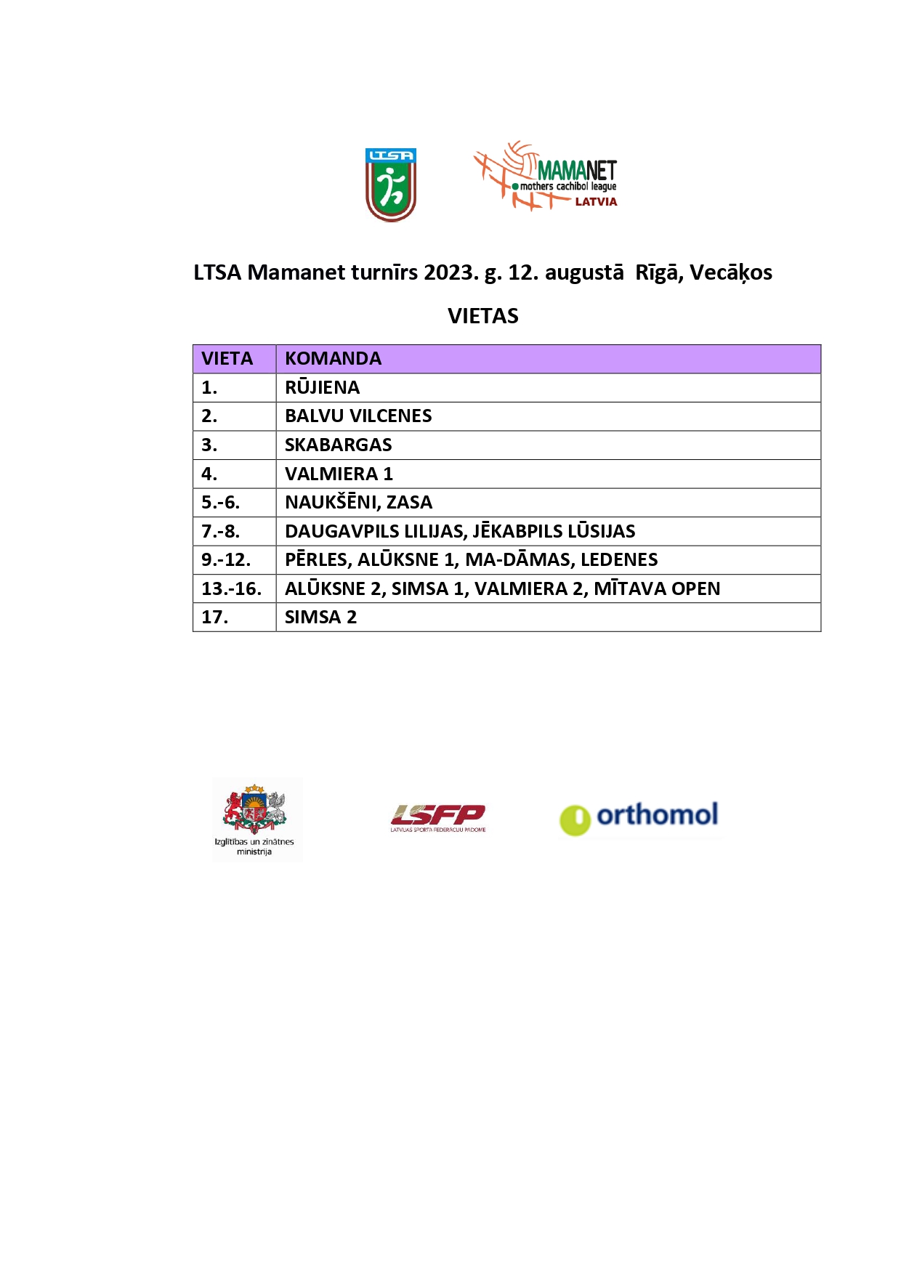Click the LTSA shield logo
(391, 185)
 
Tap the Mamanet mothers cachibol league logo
(546, 177)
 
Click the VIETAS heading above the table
(483, 316)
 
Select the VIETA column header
(227, 359)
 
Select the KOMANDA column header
(333, 359)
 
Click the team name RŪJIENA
(322, 388)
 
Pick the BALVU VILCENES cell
(358, 416)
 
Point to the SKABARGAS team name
(338, 445)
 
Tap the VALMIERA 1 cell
(339, 474)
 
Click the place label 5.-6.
(220, 503)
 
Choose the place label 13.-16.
(231, 588)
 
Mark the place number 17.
(214, 618)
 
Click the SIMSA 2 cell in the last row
(320, 618)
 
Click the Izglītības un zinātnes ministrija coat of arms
(254, 810)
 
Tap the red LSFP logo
(438, 817)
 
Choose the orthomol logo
(639, 817)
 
